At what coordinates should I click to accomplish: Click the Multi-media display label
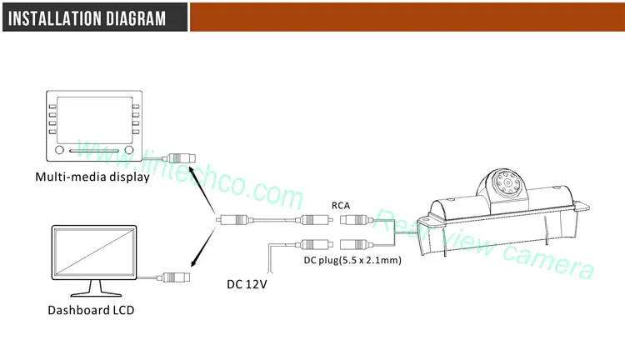[x=92, y=177]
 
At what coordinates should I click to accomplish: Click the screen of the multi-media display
[x=92, y=122]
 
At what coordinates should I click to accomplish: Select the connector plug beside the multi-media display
[x=179, y=157]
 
